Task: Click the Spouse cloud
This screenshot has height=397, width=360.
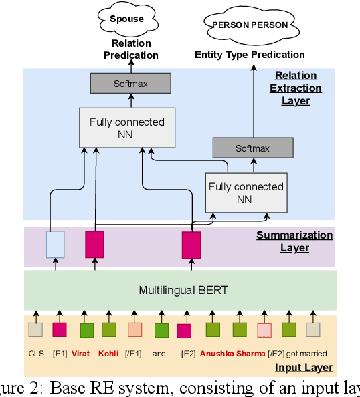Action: click(x=126, y=20)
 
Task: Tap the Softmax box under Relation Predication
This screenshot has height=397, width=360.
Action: click(x=130, y=84)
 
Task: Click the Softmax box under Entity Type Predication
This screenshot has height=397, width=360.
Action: click(x=252, y=148)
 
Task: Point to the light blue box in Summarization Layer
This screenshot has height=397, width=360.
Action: click(x=55, y=244)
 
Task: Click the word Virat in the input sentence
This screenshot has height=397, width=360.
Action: click(x=81, y=354)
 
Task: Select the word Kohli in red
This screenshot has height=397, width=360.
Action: click(x=108, y=354)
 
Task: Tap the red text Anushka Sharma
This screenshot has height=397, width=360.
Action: click(x=232, y=354)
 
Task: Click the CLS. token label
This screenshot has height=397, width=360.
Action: click(x=36, y=354)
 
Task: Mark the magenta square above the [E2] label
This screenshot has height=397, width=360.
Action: click(x=184, y=330)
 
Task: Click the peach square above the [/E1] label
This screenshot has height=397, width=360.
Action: click(x=134, y=329)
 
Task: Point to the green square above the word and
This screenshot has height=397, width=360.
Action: click(x=161, y=329)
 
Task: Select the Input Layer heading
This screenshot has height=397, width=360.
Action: click(x=304, y=368)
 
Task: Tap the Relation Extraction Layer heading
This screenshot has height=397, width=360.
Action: click(x=298, y=88)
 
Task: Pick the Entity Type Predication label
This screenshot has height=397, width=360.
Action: click(x=250, y=55)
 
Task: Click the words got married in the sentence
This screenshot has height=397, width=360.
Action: click(x=306, y=354)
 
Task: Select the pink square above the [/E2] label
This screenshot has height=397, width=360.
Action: click(x=264, y=329)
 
